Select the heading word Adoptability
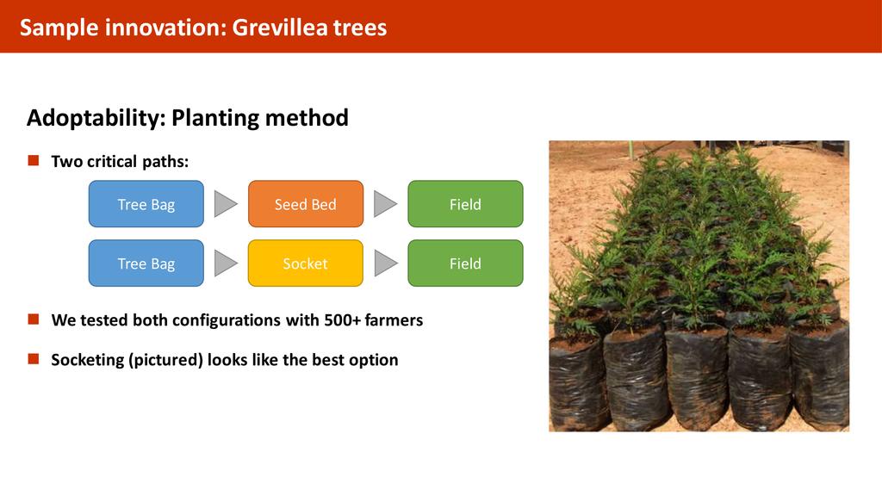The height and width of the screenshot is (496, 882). [96, 118]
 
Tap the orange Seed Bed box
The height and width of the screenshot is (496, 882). [306, 204]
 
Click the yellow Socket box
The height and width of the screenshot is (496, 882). [306, 263]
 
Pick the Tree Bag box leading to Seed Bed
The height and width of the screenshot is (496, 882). [146, 204]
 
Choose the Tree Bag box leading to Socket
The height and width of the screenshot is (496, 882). [146, 263]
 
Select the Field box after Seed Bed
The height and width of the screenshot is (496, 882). [465, 204]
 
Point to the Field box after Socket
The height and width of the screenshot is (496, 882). [465, 263]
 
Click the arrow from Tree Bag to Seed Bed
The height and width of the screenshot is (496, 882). [225, 203]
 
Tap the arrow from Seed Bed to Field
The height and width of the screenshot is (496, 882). [384, 203]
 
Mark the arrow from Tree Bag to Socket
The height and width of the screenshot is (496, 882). [225, 263]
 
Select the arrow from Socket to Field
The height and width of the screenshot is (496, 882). [384, 263]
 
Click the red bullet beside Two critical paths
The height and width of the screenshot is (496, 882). [34, 161]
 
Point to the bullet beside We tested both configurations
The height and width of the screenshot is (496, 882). [34, 319]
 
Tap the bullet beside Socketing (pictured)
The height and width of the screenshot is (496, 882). [34, 359]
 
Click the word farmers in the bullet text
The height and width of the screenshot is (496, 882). [394, 320]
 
